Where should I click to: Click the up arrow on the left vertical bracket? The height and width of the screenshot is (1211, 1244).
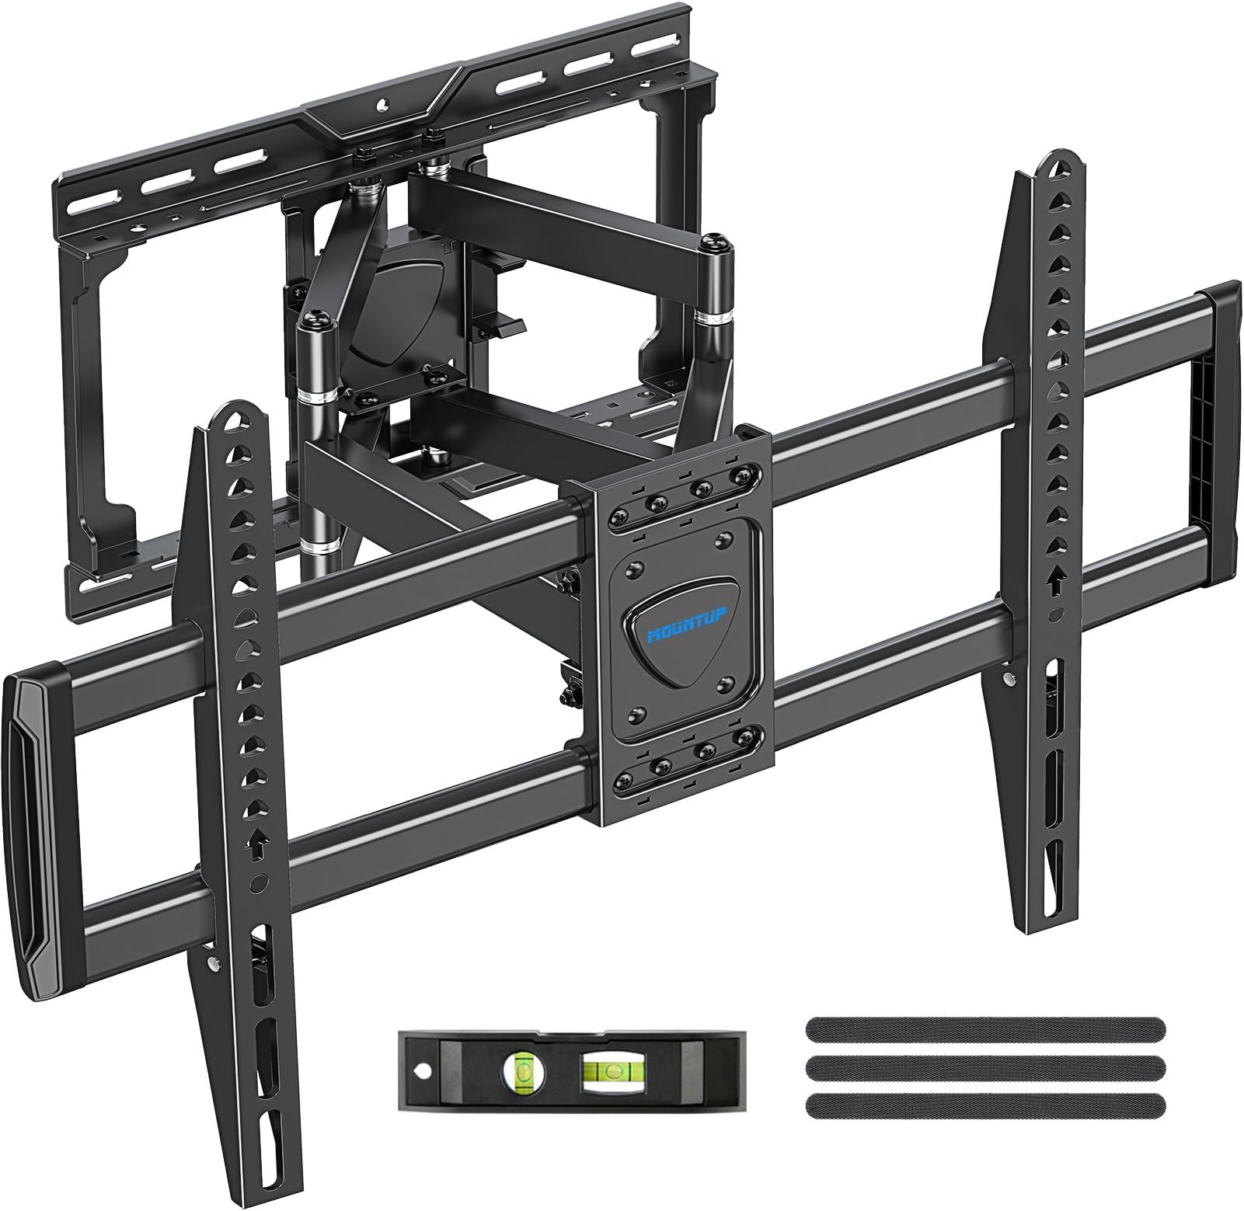click(256, 844)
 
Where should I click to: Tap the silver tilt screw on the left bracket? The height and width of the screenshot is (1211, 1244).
click(212, 964)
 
